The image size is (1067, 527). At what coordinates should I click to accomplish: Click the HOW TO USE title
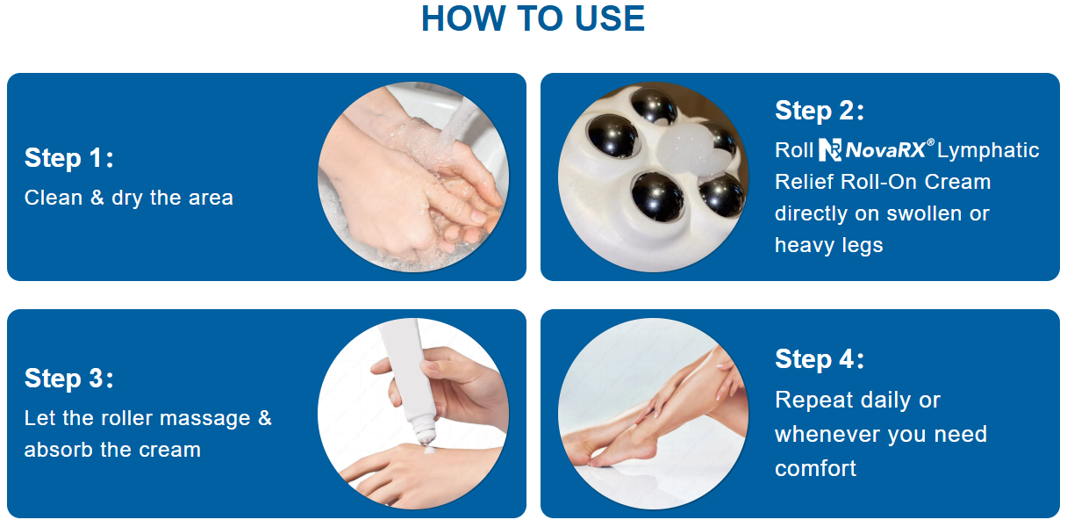[x=533, y=19]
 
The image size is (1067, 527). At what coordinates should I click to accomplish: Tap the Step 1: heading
[x=69, y=158]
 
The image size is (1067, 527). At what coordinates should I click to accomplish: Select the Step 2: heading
[x=820, y=111]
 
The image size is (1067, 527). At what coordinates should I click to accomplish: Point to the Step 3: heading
[x=69, y=379]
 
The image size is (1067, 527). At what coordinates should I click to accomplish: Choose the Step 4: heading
[x=820, y=359]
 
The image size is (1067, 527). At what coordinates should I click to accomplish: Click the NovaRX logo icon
[x=830, y=150]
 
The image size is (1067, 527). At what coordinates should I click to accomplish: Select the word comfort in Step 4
[x=815, y=469]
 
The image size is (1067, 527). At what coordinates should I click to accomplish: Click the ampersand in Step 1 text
[x=97, y=198]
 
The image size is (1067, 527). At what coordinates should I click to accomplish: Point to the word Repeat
[x=813, y=401]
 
